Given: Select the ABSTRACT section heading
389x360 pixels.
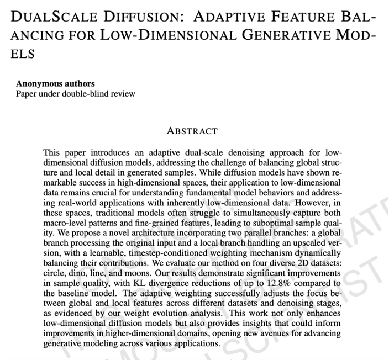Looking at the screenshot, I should (192, 131).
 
